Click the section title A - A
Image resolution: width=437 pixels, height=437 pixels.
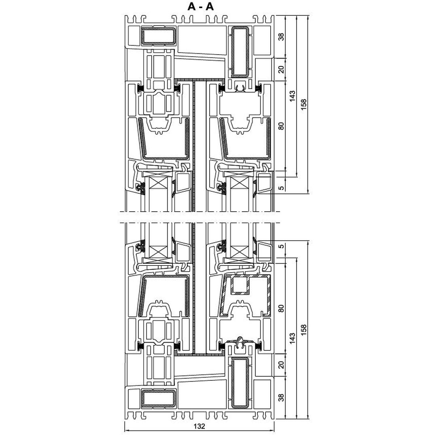[200, 7]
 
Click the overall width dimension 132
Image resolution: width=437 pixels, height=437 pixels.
[199, 426]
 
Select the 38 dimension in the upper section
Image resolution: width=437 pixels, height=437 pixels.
[282, 37]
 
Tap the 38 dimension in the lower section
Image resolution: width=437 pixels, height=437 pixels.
[282, 398]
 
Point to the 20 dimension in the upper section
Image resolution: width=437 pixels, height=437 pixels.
[282, 69]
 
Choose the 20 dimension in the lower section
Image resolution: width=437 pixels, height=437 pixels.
[282, 365]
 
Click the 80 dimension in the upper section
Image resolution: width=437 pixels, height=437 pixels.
[282, 126]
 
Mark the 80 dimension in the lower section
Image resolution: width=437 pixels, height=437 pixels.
[282, 308]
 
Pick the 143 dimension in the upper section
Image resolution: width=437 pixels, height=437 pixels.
[293, 96]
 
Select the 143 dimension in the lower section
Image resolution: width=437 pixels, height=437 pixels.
[293, 338]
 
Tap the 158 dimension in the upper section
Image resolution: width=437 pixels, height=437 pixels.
[303, 104]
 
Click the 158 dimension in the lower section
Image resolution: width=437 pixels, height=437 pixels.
[303, 330]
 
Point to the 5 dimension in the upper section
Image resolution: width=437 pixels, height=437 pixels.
[282, 188]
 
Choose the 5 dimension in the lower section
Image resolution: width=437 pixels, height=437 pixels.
[282, 246]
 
